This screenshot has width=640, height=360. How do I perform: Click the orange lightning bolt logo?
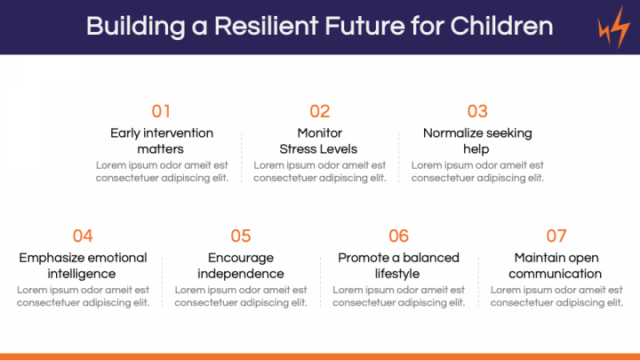point(614,28)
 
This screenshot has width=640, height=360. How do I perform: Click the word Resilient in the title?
point(266,26)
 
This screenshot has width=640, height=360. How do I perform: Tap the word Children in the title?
point(501,26)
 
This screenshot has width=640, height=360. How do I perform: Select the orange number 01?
point(161,111)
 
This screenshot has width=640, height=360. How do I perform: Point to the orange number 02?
point(320,111)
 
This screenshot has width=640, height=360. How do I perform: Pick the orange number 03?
point(477,111)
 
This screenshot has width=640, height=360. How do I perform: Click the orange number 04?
point(83,236)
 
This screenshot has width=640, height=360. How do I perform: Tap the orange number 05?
point(241,236)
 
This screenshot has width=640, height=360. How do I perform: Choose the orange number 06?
point(399,236)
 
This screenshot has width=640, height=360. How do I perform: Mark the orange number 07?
point(556,236)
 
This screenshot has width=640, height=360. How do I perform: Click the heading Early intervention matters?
point(162,140)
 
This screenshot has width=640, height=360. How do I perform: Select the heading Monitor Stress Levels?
point(318,140)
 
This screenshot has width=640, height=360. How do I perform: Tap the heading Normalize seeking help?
point(477,140)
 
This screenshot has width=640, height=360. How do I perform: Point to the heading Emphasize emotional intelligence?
point(83,265)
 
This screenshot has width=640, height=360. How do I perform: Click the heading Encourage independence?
point(241,265)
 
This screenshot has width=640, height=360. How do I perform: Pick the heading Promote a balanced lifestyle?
point(399,265)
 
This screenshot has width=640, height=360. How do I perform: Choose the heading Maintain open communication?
point(556,265)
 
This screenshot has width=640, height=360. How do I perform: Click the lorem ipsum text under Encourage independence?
point(241,296)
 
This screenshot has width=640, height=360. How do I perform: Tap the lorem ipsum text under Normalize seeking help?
point(477,172)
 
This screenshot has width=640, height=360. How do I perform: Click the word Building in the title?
point(135,27)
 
